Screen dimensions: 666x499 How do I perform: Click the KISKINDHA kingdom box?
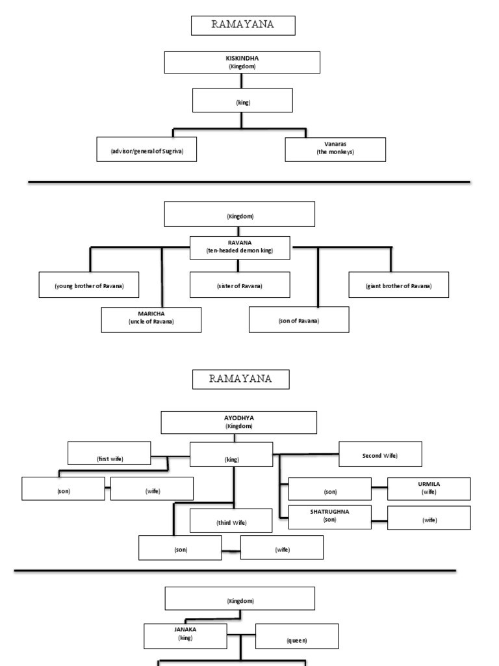tap(242, 62)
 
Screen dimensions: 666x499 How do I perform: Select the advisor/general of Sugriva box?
tap(146, 150)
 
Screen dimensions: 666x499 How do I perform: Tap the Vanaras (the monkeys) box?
tap(335, 150)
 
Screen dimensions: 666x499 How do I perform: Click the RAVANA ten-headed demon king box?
tap(240, 248)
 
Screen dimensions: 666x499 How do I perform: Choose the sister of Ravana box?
tap(240, 285)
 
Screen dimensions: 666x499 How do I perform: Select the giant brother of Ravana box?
tap(398, 285)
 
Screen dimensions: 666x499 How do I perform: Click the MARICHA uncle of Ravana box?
tap(151, 319)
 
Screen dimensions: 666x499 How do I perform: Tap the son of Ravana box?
tap(299, 319)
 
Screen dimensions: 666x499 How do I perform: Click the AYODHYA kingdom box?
tap(238, 422)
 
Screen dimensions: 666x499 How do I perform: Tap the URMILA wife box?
tap(428, 488)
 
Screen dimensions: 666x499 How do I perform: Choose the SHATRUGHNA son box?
tap(329, 516)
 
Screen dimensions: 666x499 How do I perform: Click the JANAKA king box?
tap(185, 635)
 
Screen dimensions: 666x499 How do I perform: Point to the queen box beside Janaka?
tap(296, 636)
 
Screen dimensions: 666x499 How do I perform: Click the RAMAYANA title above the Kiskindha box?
tap(243, 25)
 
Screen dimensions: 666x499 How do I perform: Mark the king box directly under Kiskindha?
tap(243, 101)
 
